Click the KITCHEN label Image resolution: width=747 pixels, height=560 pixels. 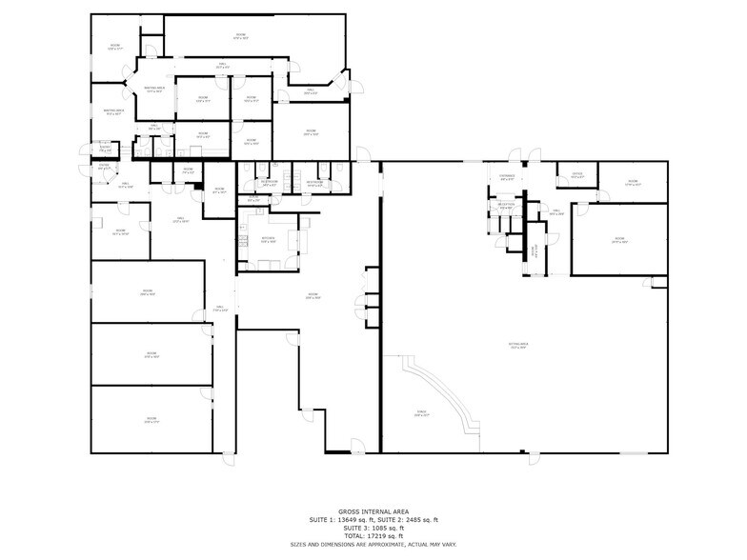point(268,238)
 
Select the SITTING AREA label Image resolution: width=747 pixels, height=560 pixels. point(518,346)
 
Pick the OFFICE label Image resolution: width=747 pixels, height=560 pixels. point(576,173)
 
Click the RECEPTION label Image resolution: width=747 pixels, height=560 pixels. point(505,204)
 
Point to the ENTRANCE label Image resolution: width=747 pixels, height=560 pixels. point(507,175)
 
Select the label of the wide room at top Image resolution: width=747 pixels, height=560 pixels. point(240,35)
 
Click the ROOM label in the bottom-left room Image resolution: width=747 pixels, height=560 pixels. point(151,418)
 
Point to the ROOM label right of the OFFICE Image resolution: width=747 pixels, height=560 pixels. point(633,181)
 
